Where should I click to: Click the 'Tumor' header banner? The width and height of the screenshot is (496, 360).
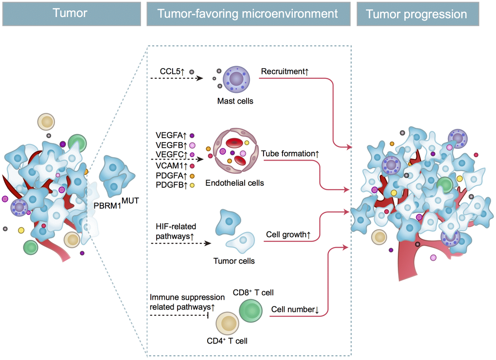[x=70, y=14]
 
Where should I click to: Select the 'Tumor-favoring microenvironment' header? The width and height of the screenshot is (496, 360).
[x=248, y=14]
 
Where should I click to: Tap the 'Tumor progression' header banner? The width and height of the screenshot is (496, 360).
[x=416, y=14]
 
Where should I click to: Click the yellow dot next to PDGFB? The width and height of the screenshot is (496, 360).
[x=192, y=185]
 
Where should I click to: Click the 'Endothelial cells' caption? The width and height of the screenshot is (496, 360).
[x=235, y=183]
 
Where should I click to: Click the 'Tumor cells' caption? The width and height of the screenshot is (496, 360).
[x=234, y=261]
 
